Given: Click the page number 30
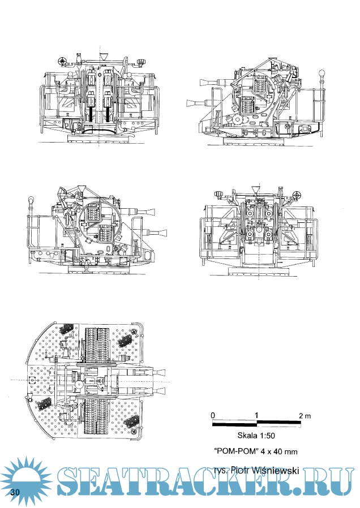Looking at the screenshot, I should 15,490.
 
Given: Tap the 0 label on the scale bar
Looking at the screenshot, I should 212,416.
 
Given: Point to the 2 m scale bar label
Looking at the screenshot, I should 305,416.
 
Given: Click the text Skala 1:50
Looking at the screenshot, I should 256,436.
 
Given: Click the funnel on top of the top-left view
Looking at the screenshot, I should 104,57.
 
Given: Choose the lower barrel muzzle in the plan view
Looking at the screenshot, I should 162,390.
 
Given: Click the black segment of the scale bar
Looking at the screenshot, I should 234,423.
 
